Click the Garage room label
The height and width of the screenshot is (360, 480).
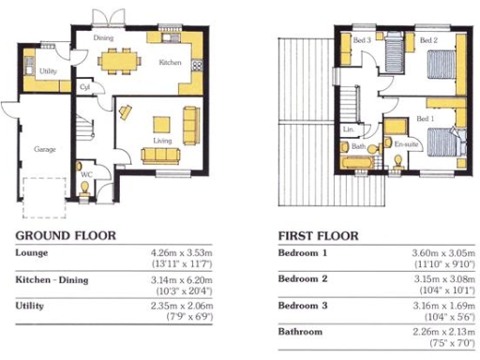point(44,149)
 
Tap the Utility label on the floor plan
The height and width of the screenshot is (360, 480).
point(50,71)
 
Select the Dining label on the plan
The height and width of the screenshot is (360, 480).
point(103,38)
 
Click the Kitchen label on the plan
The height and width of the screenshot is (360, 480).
point(170,62)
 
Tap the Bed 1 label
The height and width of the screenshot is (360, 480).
point(425,121)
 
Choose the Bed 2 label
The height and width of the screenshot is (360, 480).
point(429,41)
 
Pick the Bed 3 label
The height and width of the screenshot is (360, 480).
point(362,40)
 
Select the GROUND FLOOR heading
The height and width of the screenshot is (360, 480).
point(66,235)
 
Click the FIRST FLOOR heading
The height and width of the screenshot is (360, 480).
point(322,235)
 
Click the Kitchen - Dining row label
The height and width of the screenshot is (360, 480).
point(54,280)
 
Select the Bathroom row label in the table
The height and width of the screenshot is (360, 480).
point(301,332)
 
